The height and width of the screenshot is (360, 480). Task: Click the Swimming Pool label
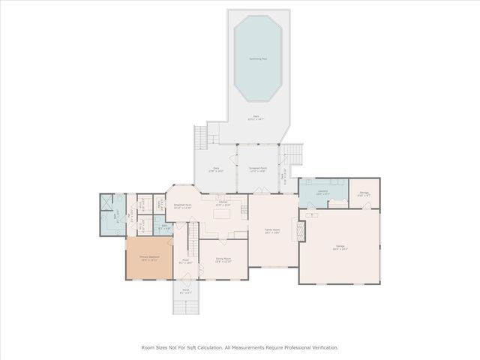tap(258, 58)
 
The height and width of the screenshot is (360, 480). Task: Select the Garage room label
tap(340, 247)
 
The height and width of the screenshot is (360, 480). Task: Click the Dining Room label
tap(223, 259)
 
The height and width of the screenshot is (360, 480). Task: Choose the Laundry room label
tap(323, 191)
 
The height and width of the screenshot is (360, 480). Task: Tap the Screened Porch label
tap(258, 169)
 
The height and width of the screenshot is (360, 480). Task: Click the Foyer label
tap(185, 262)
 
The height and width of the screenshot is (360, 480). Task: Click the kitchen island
tap(222, 214)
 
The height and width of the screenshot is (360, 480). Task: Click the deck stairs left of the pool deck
tap(200, 137)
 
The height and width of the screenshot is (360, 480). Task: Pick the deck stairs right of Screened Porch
tap(295, 153)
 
